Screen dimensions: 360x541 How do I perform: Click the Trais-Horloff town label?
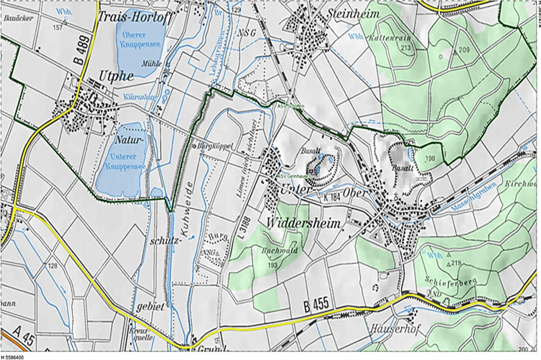click(x=135, y=17)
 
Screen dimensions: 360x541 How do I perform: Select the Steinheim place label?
click(x=353, y=12)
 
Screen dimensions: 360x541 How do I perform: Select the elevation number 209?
click(x=465, y=50)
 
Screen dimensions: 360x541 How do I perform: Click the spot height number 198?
click(x=430, y=159)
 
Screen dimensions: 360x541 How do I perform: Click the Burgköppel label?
click(x=216, y=145)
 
